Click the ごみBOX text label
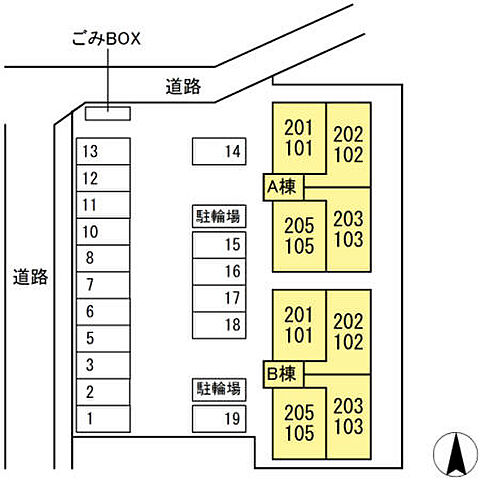click(106, 38)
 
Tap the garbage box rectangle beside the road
click(108, 113)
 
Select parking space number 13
click(103, 151)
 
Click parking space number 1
click(103, 419)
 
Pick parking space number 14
click(219, 151)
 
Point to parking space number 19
click(219, 419)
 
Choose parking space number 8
click(103, 258)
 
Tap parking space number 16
click(219, 272)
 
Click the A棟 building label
click(283, 187)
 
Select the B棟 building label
click(283, 374)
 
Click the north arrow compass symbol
click(455, 454)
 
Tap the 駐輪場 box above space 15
click(219, 216)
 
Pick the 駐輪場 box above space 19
click(219, 389)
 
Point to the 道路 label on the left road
click(30, 277)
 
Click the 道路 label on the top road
click(183, 87)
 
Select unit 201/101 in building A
click(299, 138)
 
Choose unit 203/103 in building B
click(349, 417)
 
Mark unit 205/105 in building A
click(299, 236)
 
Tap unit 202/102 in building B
click(349, 332)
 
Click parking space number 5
click(103, 339)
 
